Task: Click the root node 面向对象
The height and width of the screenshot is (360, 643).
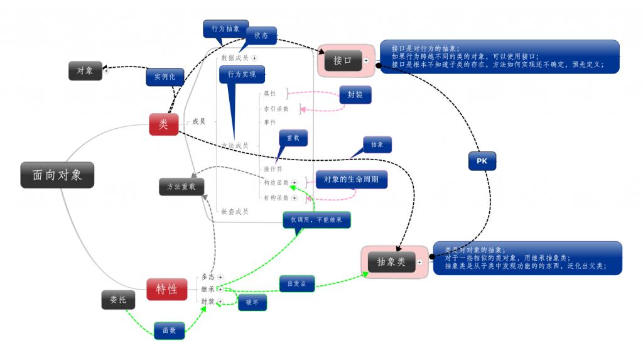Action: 57,175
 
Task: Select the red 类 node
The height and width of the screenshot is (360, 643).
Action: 163,124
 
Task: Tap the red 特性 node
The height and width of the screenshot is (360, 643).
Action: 166,289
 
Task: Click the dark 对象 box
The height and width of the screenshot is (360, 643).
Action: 85,71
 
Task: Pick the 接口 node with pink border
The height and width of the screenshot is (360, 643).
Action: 342,60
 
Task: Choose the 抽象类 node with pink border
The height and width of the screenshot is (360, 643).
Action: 391,262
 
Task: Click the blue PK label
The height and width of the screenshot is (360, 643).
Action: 482,161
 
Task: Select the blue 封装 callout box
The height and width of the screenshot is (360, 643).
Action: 355,95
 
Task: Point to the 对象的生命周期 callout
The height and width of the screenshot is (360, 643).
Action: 351,180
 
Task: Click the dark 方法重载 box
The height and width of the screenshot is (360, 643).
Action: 181,187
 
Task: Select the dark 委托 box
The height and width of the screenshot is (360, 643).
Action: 118,300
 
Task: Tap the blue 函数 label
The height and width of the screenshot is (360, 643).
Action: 169,330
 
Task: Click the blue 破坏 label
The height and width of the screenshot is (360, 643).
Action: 252,302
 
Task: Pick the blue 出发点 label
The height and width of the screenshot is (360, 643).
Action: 296,283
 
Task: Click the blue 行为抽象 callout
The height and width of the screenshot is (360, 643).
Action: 225,28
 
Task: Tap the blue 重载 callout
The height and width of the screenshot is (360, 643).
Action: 293,138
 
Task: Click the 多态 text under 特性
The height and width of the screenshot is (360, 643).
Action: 208,277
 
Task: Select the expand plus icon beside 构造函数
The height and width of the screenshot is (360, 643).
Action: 294,182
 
